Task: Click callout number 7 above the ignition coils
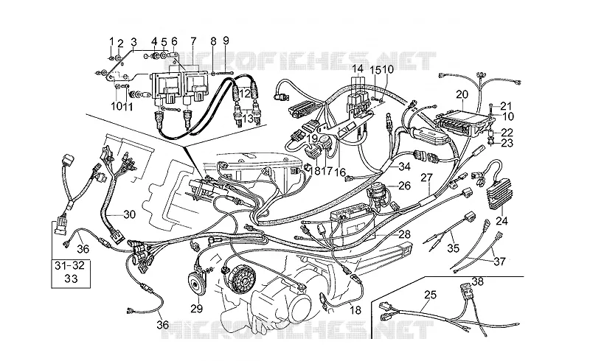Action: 193,41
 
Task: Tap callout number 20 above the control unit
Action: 462,94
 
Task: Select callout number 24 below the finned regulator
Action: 502,221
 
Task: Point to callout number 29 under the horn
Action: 196,309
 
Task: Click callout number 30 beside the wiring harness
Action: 129,214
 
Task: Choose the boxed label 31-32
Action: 69,265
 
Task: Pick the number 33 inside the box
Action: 70,278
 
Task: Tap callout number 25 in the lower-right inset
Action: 430,295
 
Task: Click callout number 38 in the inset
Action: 477,281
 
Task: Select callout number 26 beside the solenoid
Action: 404,186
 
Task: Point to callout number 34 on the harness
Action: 404,167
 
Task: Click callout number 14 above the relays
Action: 358,69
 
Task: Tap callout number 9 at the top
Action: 226,41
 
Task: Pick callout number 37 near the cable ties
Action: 499,261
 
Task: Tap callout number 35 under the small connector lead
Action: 454,248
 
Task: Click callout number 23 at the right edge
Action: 507,143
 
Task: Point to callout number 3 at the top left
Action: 133,41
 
